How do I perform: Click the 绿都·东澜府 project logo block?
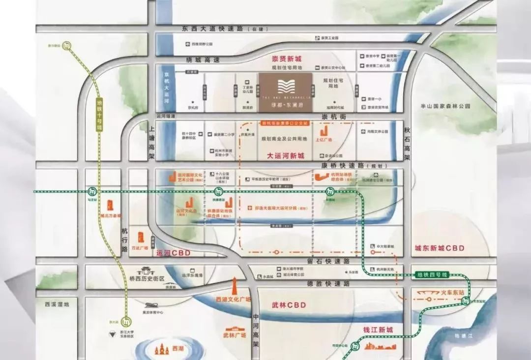[x=285, y=91]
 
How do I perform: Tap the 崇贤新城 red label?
[x=286, y=59]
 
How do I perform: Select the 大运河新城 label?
[x=285, y=156]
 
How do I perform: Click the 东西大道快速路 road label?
[x=206, y=29]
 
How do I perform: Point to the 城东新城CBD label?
[x=439, y=248]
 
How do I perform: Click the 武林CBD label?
[x=289, y=305]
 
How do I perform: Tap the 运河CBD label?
[x=173, y=253]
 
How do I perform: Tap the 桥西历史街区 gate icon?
[x=147, y=270]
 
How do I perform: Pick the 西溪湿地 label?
[x=56, y=304]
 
